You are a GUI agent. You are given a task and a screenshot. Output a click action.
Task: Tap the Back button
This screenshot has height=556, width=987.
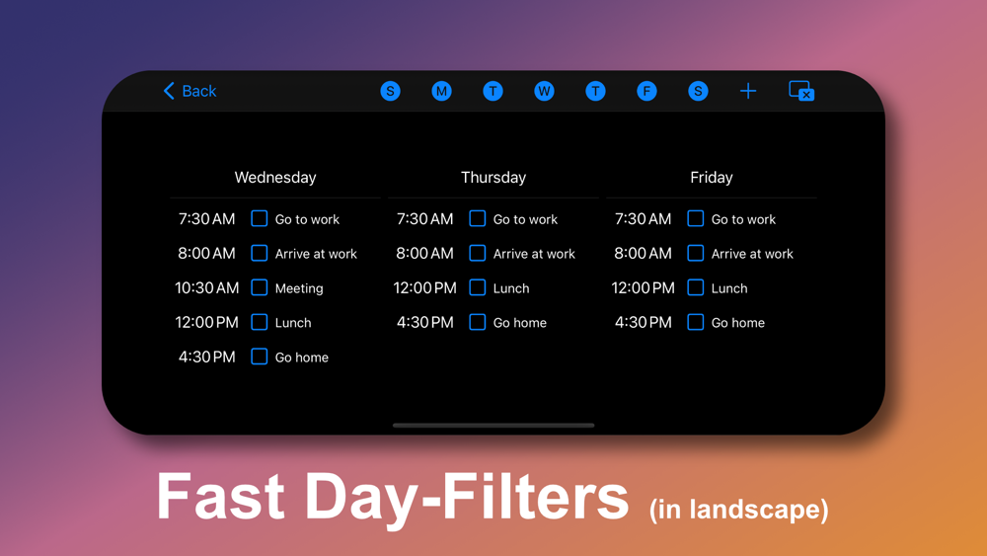(190, 91)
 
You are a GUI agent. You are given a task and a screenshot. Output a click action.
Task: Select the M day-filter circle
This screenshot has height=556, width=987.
(441, 91)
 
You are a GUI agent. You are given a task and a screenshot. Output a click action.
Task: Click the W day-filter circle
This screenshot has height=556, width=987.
(544, 91)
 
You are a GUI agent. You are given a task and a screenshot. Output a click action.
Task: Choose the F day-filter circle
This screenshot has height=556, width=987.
(646, 91)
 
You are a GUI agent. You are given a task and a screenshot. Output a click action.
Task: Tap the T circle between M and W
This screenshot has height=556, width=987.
(493, 91)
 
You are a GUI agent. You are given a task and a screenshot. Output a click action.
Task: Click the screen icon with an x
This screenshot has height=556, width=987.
(801, 91)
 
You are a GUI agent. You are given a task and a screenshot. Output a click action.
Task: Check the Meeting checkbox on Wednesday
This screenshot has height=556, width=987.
(260, 287)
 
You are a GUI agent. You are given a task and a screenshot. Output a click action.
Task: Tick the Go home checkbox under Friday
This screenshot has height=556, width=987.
(696, 322)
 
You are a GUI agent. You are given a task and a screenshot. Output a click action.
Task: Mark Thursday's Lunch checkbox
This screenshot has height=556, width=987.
(478, 287)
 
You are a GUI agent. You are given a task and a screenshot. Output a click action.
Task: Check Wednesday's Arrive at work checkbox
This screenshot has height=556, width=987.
(260, 253)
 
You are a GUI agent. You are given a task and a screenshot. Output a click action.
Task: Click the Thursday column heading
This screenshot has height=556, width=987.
(493, 178)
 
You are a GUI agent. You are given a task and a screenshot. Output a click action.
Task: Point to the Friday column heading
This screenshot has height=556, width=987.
(712, 178)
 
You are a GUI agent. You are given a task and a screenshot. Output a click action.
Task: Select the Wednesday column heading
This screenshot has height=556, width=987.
(275, 178)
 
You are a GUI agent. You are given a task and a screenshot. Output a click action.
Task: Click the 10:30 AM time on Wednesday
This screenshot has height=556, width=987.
(206, 287)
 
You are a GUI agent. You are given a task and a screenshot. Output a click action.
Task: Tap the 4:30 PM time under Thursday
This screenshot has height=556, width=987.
(424, 322)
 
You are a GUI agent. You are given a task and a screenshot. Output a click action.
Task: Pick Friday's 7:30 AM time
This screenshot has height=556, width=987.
(643, 219)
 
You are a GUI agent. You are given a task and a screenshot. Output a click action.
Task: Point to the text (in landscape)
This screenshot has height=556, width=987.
(739, 510)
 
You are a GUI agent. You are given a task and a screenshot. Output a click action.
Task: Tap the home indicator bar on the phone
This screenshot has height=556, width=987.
(493, 426)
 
